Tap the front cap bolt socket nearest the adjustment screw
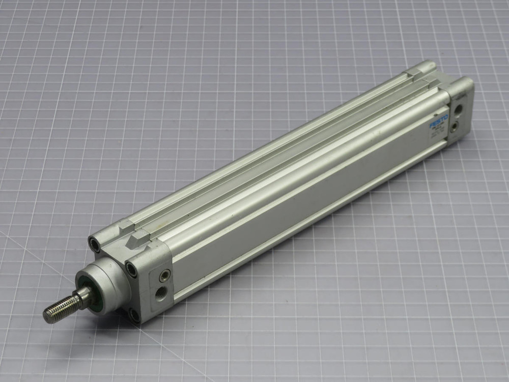(132, 269)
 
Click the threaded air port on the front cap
(162, 293)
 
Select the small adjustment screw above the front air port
(163, 276)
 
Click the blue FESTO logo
(439, 122)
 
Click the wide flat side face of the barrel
(305, 204)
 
